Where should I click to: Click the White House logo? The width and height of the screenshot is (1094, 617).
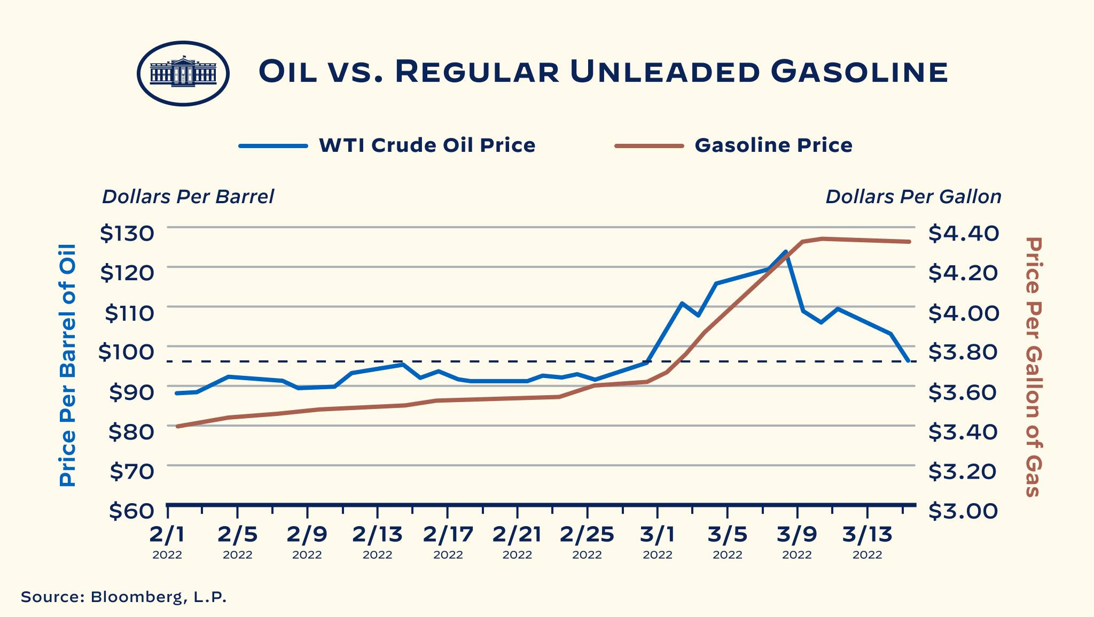(183, 73)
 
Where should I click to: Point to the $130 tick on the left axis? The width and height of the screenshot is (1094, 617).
(127, 234)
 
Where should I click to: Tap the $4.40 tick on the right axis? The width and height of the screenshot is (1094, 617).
(963, 234)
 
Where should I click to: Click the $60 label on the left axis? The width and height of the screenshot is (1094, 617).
(131, 511)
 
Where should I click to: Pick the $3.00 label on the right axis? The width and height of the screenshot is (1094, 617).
(963, 511)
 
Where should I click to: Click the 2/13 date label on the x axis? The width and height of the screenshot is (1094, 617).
(378, 534)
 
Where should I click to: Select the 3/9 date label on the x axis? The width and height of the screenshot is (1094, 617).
(797, 534)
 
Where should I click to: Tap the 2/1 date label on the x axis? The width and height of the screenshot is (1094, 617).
(167, 534)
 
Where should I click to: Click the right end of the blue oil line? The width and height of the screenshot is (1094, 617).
(909, 361)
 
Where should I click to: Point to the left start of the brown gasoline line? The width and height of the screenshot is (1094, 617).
(177, 426)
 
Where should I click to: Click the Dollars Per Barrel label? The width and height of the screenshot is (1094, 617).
(187, 197)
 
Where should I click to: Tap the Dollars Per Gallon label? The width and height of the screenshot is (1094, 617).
(913, 197)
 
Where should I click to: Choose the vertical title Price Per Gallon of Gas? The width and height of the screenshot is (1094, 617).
(1034, 367)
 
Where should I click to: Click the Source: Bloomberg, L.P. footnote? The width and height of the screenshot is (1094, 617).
(124, 597)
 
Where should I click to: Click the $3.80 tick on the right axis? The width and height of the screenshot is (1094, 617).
(963, 352)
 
